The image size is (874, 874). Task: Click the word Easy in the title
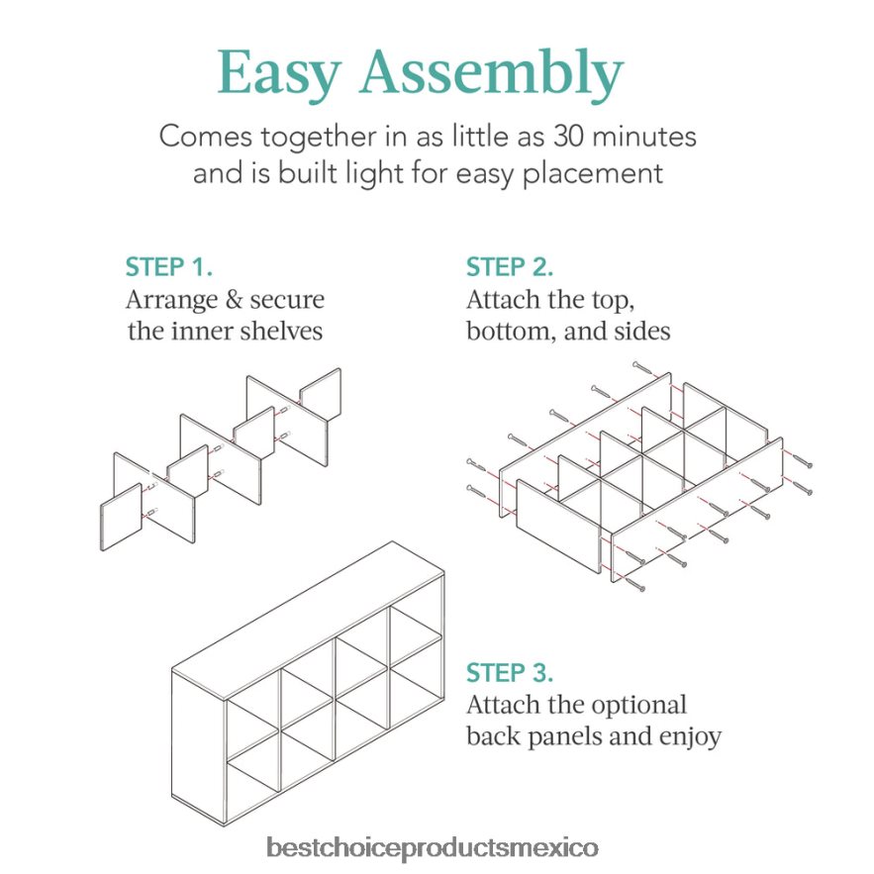tap(279, 73)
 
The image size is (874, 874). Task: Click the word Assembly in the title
tap(492, 73)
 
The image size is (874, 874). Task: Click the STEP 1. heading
tap(169, 267)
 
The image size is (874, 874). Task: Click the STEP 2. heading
tap(510, 267)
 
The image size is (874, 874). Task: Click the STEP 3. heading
tap(510, 673)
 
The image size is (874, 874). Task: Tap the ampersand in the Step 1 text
tap(235, 300)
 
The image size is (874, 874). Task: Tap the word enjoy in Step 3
tap(690, 737)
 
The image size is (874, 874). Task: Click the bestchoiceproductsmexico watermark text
tap(433, 848)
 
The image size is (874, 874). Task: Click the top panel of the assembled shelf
tap(308, 620)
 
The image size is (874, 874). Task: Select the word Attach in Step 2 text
tap(504, 300)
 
